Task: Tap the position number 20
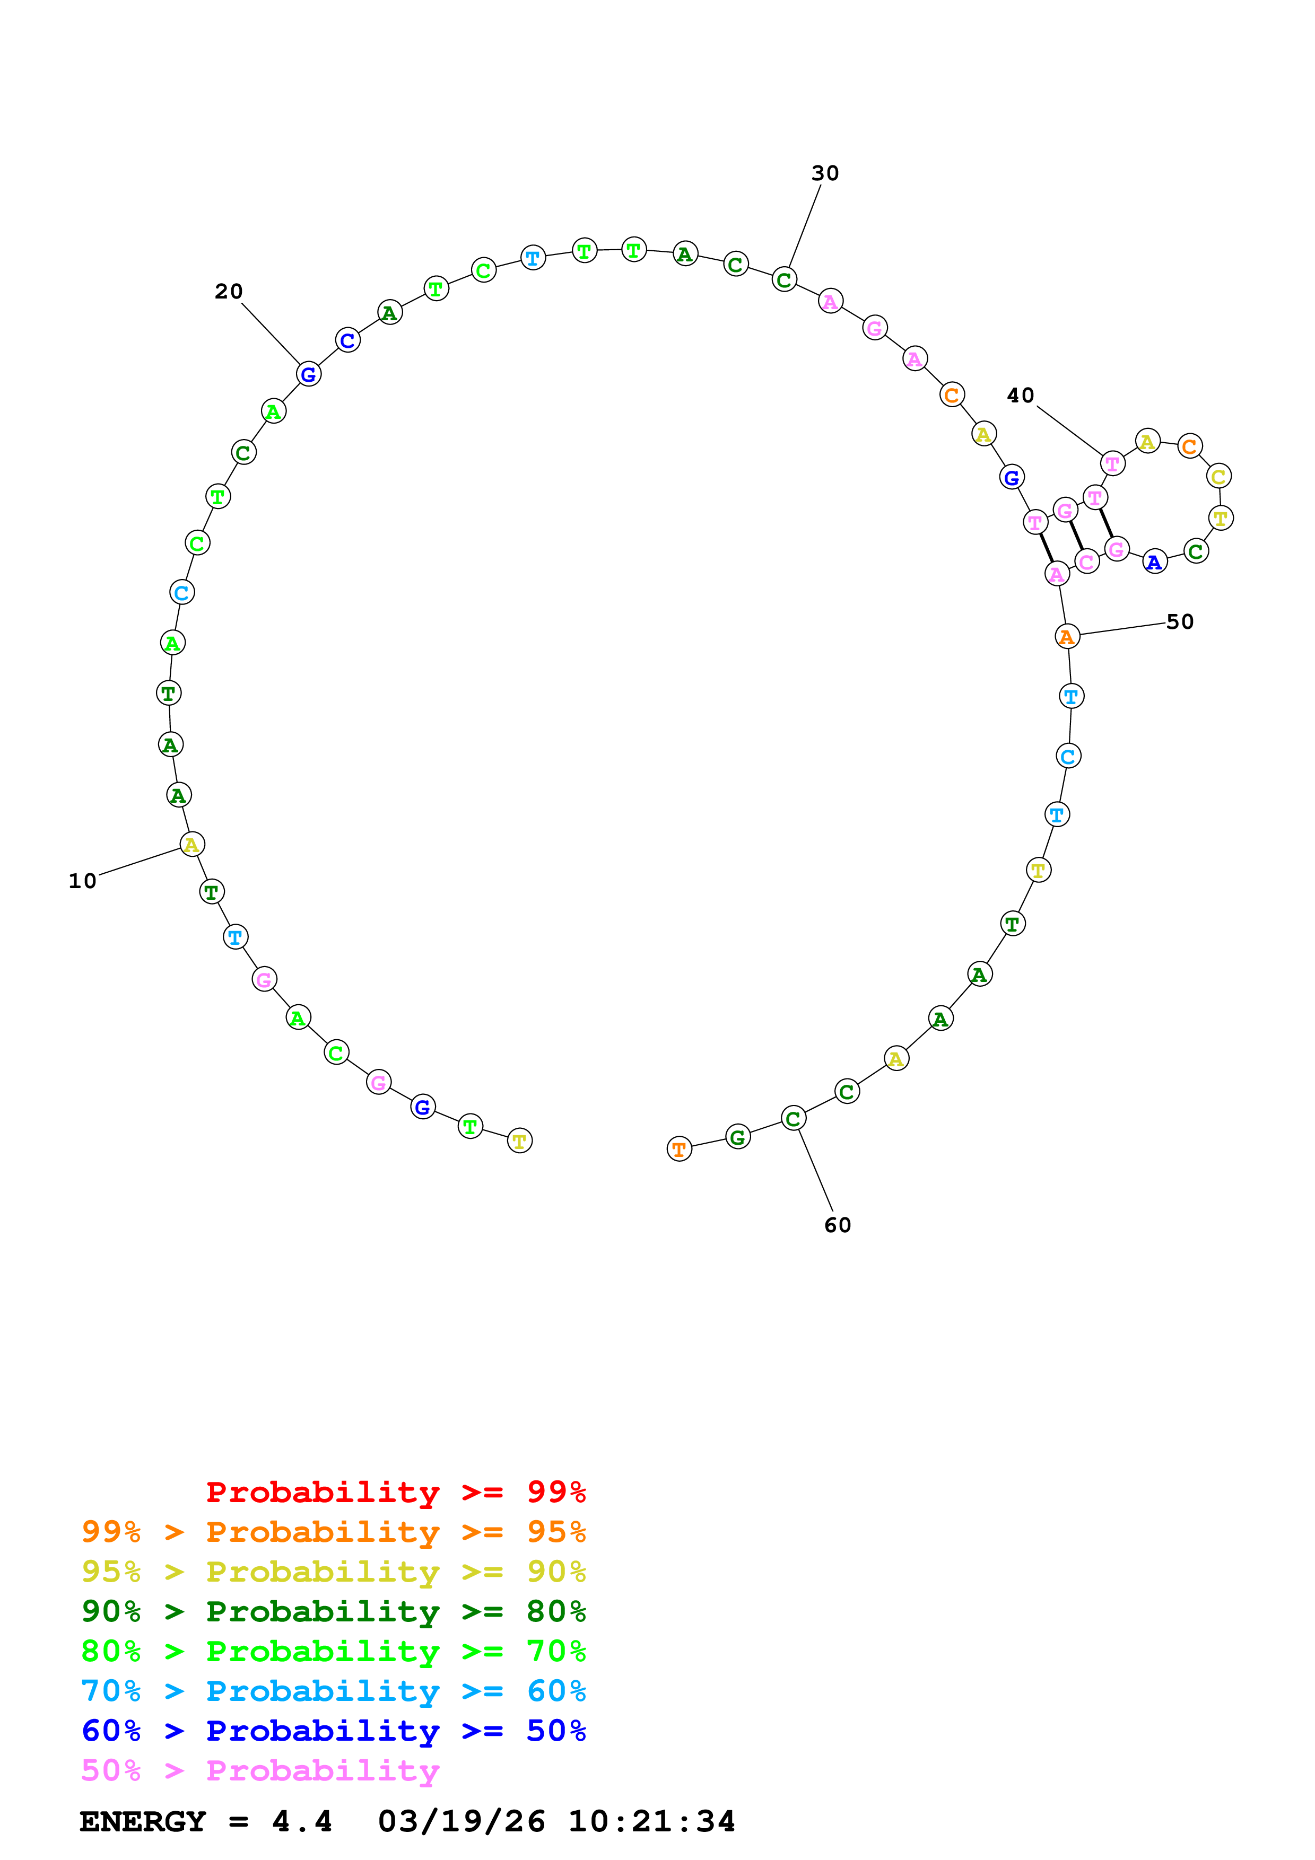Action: (x=229, y=292)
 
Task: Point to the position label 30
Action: (x=825, y=173)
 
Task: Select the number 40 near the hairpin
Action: (x=1020, y=396)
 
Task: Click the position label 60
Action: (x=837, y=1225)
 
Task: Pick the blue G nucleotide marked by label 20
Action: (x=308, y=374)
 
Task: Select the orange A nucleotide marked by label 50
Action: (x=1067, y=637)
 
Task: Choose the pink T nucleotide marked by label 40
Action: (x=1112, y=464)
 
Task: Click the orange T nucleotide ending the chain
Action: (x=679, y=1149)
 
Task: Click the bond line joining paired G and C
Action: (x=1076, y=536)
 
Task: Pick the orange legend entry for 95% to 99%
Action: (x=333, y=1532)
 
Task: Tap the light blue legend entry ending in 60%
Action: (x=333, y=1691)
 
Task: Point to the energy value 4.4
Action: (x=301, y=1821)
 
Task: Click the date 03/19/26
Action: (x=461, y=1821)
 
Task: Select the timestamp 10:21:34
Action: (x=651, y=1821)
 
